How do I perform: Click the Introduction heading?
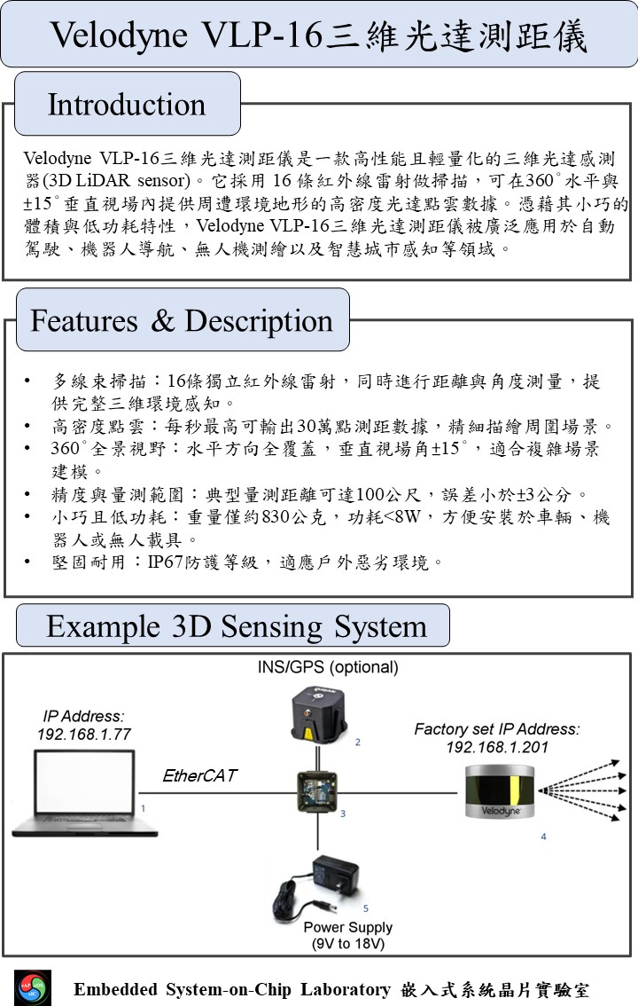point(127,105)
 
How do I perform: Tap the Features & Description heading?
point(182,320)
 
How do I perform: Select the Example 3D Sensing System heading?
point(236,626)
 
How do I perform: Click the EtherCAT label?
point(199,775)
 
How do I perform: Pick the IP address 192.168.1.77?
point(84,734)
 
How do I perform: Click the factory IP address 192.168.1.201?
point(497,747)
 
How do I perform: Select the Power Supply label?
point(347,927)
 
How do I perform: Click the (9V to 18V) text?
point(347,944)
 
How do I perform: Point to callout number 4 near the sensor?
point(543,837)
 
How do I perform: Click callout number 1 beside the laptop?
point(143,808)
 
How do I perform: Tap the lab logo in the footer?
point(33,988)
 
